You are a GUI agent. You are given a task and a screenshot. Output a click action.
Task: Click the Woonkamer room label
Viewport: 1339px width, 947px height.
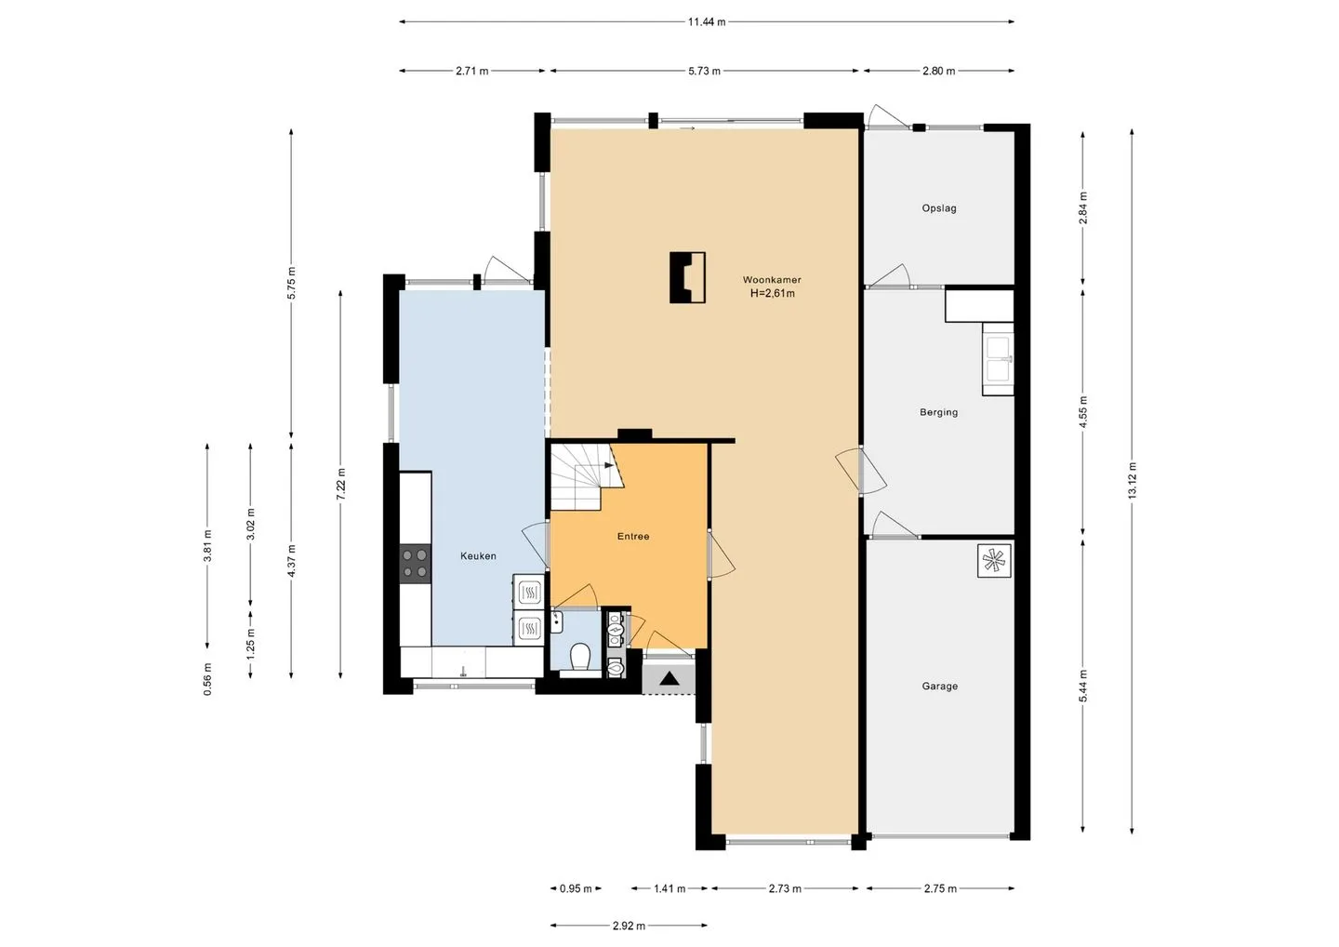point(772,279)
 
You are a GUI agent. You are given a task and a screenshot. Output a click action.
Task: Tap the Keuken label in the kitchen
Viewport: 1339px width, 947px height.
point(478,556)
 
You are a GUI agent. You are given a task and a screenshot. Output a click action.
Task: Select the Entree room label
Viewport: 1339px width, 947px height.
point(633,536)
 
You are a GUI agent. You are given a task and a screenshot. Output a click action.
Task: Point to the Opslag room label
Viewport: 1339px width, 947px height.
point(939,208)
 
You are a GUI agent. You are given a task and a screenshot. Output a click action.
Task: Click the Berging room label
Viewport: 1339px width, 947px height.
point(938,412)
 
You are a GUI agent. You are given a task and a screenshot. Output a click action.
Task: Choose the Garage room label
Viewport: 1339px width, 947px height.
point(940,686)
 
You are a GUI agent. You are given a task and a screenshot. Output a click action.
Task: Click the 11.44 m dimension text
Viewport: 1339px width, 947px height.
point(707,22)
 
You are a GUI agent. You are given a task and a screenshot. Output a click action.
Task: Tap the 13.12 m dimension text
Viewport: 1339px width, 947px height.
point(1132,481)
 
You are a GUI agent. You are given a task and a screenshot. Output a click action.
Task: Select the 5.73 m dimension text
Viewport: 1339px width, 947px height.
point(704,71)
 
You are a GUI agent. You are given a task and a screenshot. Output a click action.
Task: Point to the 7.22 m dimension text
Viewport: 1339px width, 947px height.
point(340,485)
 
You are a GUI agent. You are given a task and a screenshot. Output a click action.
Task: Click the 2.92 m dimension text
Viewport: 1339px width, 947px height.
point(629,927)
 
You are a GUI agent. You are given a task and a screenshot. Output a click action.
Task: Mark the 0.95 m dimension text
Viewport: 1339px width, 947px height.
point(576,889)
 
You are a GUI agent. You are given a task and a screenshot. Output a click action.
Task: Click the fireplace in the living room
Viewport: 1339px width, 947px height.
point(687,277)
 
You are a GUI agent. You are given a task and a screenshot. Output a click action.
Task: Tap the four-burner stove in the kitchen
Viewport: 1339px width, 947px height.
point(415,564)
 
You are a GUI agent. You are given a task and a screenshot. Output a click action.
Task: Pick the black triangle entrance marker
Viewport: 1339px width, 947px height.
point(669,678)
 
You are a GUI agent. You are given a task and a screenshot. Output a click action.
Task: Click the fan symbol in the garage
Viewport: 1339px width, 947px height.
point(995,560)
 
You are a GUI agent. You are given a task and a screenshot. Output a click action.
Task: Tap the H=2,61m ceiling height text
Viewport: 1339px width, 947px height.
point(773,294)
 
